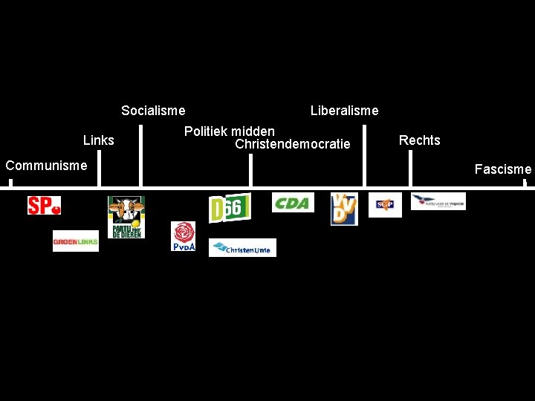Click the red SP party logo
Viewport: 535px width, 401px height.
click(x=44, y=205)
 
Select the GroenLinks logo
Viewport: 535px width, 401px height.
click(x=75, y=241)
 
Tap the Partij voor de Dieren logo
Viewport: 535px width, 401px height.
click(x=126, y=217)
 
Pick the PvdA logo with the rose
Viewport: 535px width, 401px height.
click(x=183, y=236)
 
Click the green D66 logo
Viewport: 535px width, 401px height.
click(x=229, y=207)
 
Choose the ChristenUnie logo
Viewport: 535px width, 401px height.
click(x=242, y=248)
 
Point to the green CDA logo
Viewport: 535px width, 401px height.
click(x=293, y=203)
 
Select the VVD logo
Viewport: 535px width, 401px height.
click(x=344, y=209)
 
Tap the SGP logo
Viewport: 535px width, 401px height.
click(x=385, y=204)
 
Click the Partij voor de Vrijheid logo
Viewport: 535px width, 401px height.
click(x=438, y=201)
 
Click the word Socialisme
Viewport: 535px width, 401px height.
click(x=153, y=111)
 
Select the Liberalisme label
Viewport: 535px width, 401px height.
click(x=344, y=111)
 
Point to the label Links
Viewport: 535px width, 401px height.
click(x=99, y=140)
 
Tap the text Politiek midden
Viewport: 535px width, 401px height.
click(x=230, y=131)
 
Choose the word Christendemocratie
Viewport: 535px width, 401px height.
click(x=292, y=144)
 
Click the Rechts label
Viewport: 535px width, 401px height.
click(x=419, y=140)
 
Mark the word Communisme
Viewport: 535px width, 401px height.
click(x=46, y=165)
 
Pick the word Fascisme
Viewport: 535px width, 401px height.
click(x=503, y=169)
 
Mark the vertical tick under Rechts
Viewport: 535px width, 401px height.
click(x=410, y=172)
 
